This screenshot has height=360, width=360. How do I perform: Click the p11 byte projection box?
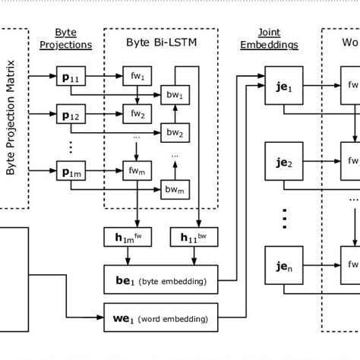(71, 77)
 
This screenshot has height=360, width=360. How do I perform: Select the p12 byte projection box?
(71, 115)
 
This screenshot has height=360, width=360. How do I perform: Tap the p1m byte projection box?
(71, 170)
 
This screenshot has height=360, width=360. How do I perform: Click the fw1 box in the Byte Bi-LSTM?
(137, 76)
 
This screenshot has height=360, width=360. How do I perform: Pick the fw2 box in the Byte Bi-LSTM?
(137, 115)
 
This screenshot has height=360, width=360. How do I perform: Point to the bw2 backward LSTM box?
(175, 134)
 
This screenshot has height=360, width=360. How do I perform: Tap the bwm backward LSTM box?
(175, 190)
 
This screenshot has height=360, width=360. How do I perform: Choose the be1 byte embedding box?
(160, 280)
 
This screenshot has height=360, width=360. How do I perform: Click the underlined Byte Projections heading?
(65, 39)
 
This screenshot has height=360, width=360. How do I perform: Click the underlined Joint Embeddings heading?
(269, 39)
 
